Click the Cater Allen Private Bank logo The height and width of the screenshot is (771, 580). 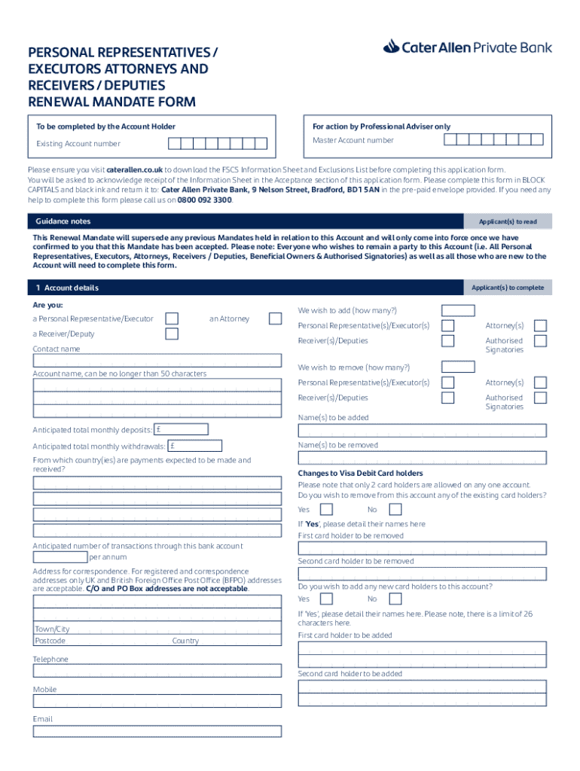[x=467, y=47]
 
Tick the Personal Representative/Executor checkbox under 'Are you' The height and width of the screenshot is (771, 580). [x=172, y=318]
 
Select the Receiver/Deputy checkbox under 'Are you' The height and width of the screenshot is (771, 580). [x=172, y=334]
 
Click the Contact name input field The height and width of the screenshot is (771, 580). [x=157, y=361]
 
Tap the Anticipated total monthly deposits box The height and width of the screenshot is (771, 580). [x=181, y=429]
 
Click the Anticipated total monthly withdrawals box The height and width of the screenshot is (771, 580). [x=194, y=446]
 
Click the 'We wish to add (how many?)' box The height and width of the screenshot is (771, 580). [x=458, y=310]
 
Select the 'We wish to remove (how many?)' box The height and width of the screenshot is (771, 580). [x=458, y=367]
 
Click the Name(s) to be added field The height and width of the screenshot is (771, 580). [x=422, y=431]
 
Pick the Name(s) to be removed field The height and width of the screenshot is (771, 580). [x=422, y=458]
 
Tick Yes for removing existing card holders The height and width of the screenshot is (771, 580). [x=326, y=510]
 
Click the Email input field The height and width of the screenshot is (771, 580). [x=157, y=731]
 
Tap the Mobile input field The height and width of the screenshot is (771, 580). [x=157, y=701]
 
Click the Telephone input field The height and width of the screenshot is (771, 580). [x=157, y=671]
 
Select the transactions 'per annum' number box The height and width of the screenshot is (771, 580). [x=60, y=557]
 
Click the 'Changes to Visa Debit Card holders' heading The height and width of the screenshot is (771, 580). [x=360, y=473]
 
